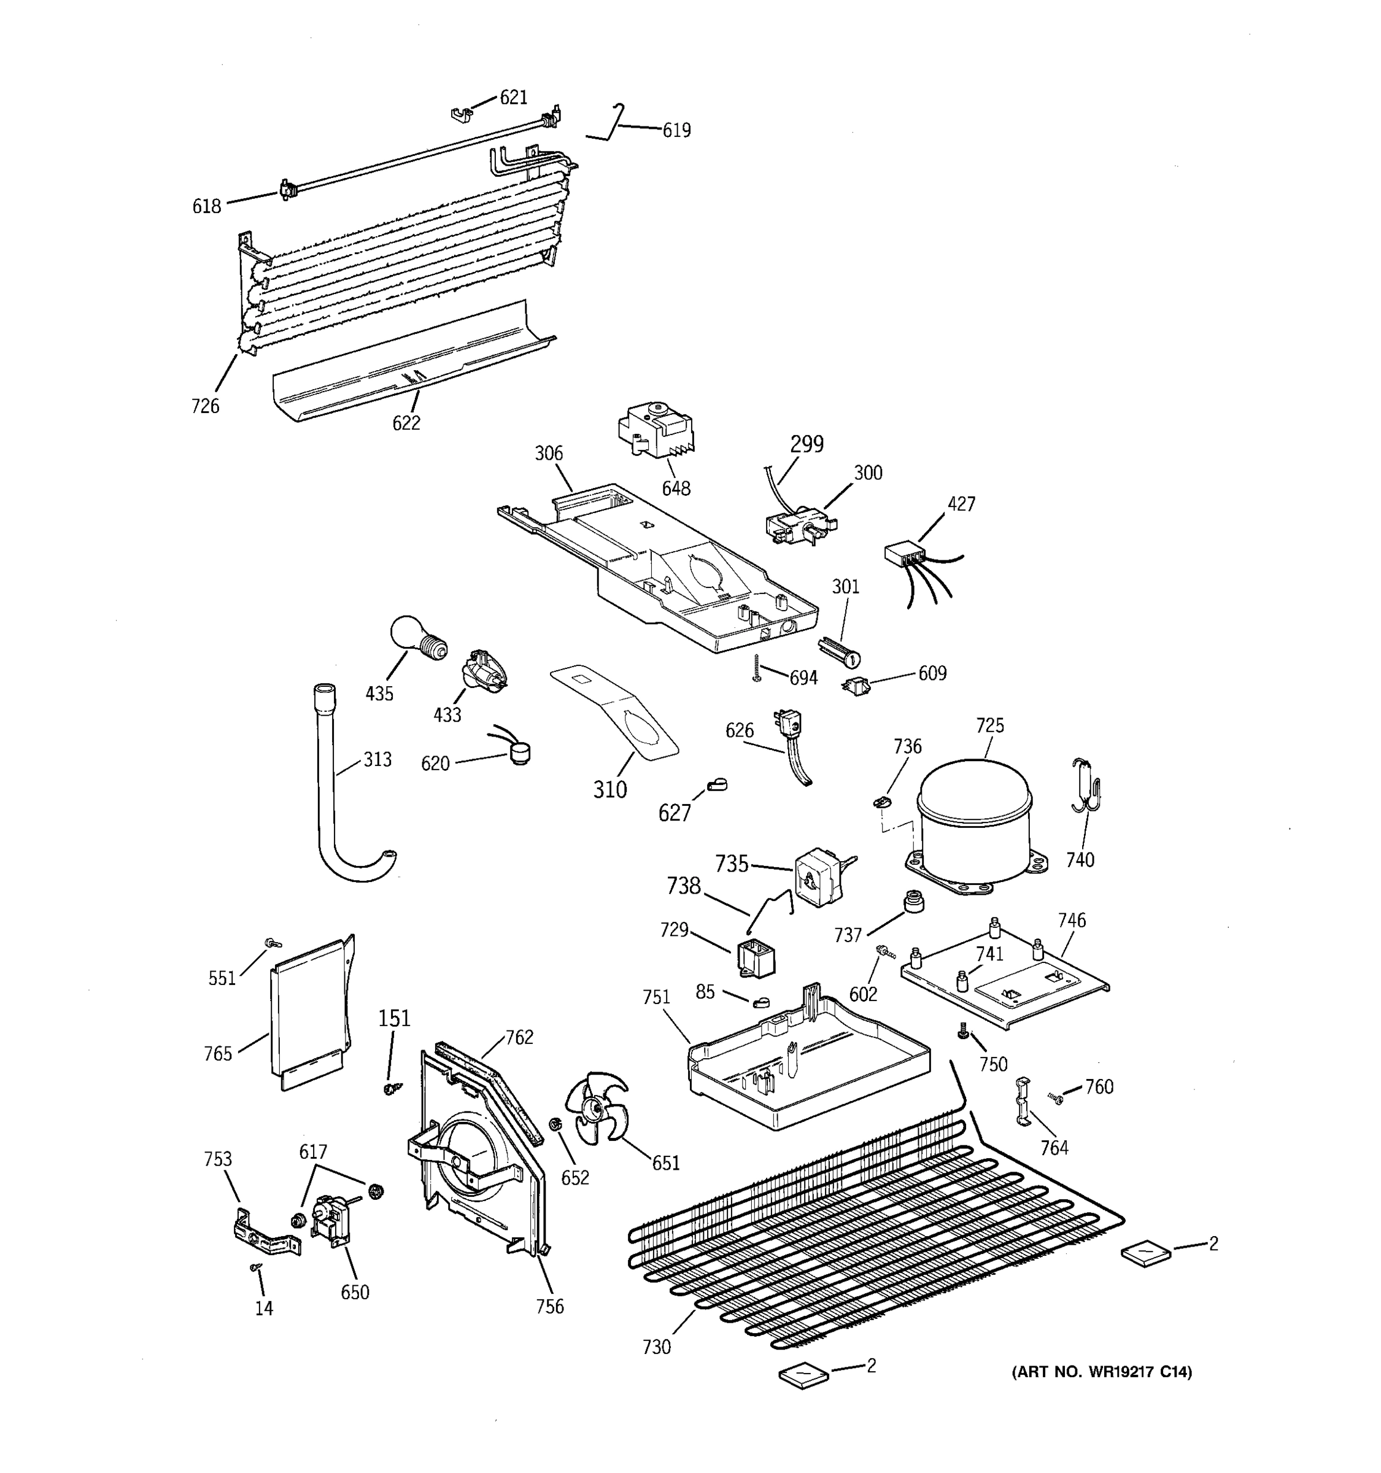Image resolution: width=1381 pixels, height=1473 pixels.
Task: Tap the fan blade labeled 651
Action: pos(597,1108)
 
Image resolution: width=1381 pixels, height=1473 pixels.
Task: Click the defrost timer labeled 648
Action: pos(655,432)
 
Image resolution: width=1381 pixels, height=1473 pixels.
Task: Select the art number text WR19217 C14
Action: pos(1102,1372)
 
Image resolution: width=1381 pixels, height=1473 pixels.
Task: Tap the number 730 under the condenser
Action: pos(656,1347)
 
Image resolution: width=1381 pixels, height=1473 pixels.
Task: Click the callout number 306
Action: pos(549,454)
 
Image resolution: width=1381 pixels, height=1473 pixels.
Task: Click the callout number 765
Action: pos(218,1054)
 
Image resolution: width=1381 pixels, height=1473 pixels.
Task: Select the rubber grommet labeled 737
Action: pos(915,902)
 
